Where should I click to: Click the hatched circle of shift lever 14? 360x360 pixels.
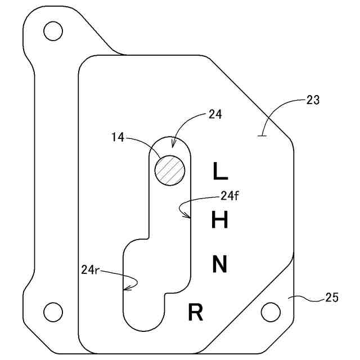point(170,170)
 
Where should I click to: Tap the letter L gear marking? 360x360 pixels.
point(219,170)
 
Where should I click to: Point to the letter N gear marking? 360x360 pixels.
point(219,264)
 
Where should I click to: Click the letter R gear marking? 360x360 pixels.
point(195,312)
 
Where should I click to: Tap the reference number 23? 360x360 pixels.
point(313,101)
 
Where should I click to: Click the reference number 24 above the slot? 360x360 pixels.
point(215,114)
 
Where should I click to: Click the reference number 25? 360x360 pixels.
point(331,298)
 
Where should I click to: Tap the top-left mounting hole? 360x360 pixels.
point(53,31)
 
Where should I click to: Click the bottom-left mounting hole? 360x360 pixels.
point(53,310)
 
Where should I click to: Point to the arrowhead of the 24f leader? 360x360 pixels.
point(188,215)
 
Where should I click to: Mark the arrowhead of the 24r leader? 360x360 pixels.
point(125,289)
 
